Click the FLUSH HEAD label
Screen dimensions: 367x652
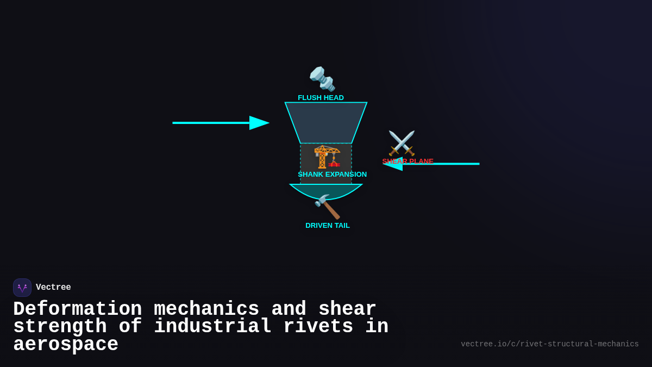[321, 98]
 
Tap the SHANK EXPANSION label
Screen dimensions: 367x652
[332, 175]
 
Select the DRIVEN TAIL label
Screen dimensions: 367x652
[327, 226]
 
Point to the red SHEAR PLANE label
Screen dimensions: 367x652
[407, 161]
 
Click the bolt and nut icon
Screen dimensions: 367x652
[322, 79]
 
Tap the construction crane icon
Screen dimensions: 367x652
[327, 157]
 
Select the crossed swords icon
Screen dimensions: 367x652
[402, 143]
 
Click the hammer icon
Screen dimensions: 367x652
[327, 206]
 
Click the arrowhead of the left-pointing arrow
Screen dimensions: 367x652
[393, 164]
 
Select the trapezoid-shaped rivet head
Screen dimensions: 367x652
[326, 122]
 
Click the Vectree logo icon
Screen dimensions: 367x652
[22, 288]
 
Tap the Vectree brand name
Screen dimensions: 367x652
[53, 288]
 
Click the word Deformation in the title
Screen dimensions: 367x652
[77, 309]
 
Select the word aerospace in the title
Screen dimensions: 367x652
[66, 345]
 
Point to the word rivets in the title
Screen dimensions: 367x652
[318, 327]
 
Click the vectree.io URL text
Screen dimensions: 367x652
[549, 344]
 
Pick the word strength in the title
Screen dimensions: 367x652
[60, 327]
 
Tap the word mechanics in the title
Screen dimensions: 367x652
[206, 309]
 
